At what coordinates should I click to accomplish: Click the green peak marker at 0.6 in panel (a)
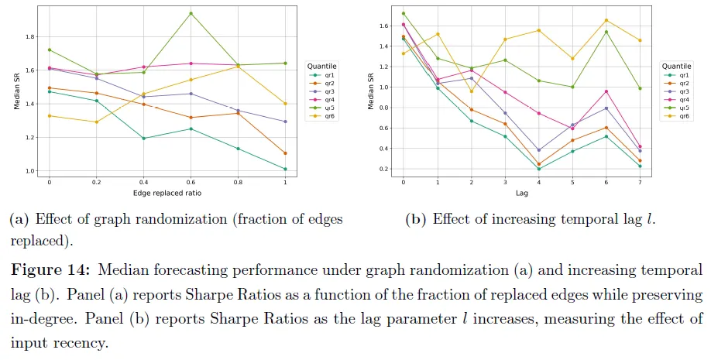click(x=191, y=13)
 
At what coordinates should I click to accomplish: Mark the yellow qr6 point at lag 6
click(x=606, y=20)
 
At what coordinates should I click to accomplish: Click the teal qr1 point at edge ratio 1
click(x=285, y=169)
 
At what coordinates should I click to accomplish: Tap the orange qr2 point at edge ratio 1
click(x=285, y=153)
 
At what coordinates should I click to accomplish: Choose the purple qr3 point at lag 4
click(x=538, y=150)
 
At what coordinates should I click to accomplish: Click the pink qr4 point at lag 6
click(x=606, y=91)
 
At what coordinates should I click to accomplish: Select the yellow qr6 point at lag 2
click(x=471, y=91)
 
